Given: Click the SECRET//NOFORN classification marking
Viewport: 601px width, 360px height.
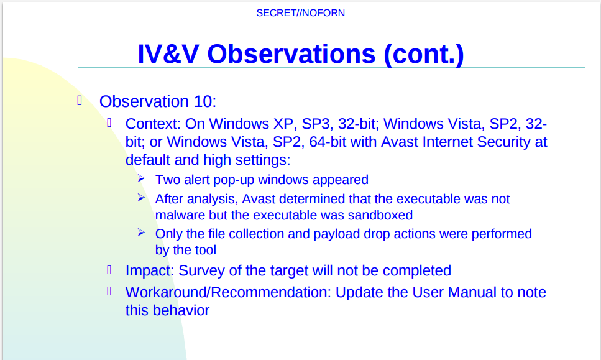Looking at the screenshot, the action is [x=301, y=13].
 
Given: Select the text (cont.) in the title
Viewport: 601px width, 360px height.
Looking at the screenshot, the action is [x=423, y=55].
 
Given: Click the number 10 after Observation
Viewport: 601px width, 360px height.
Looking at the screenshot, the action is [x=203, y=101].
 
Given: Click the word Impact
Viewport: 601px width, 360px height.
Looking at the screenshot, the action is [x=148, y=270].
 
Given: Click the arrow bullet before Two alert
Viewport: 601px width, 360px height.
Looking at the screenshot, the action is [x=141, y=178].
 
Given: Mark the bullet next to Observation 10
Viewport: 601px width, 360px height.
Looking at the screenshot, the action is [x=80, y=101].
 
